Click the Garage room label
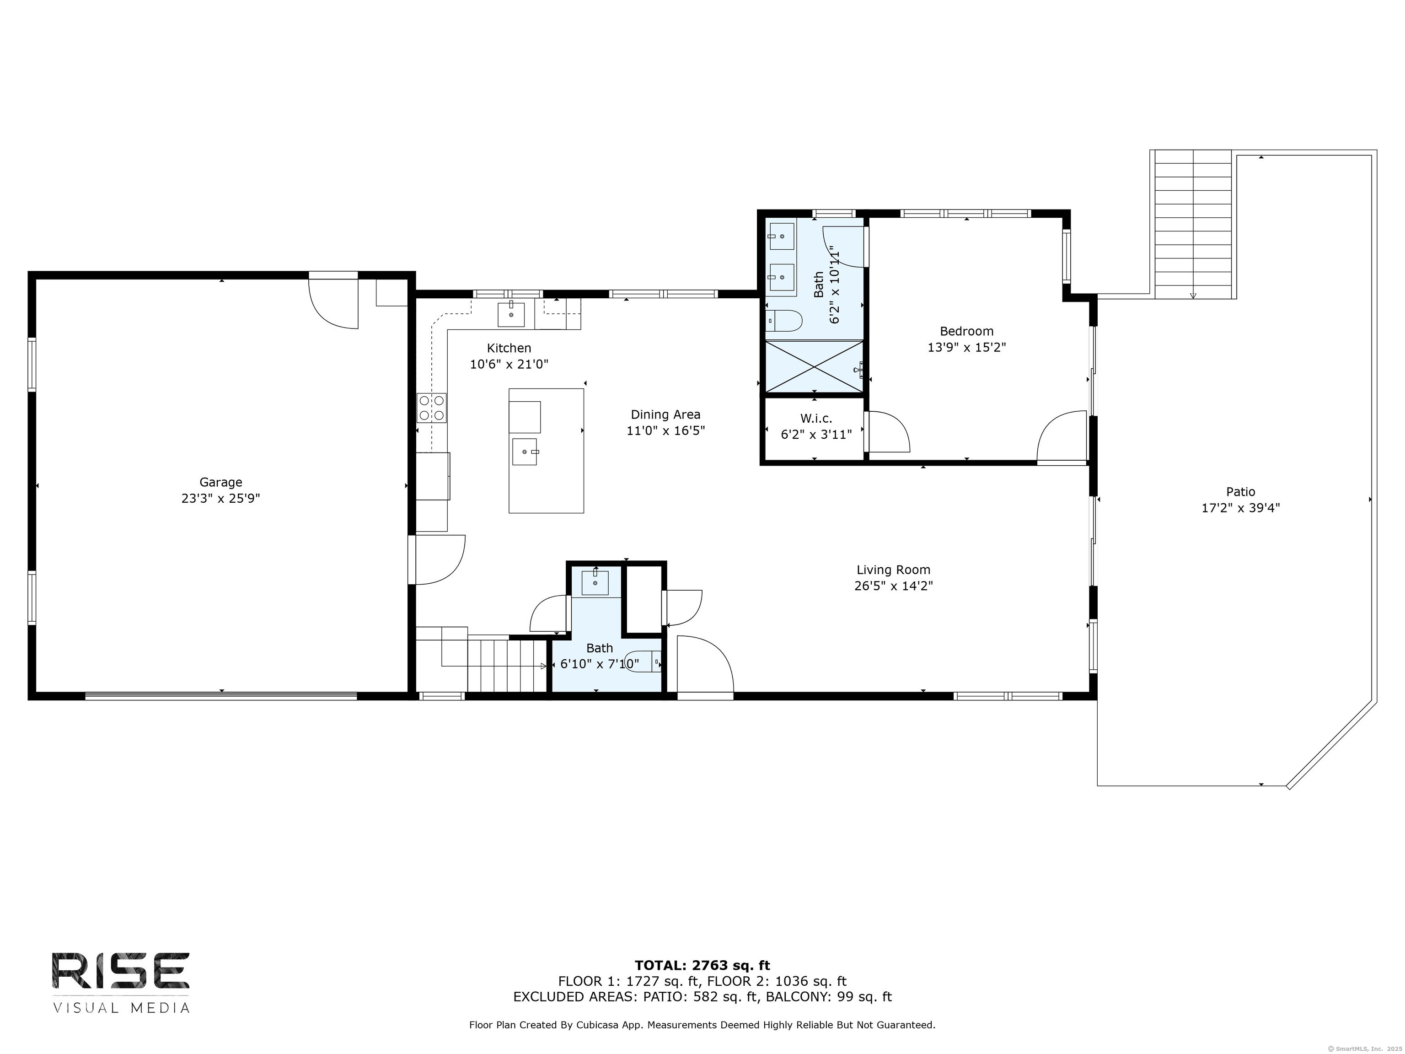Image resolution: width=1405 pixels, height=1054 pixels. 221,482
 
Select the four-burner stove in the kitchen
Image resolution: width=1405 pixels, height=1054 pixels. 431,408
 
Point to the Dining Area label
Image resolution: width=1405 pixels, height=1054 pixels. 665,414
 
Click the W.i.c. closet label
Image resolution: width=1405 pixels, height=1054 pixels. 816,419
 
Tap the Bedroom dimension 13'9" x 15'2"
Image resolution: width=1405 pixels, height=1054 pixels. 967,348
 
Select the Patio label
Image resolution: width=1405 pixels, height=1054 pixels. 1240,492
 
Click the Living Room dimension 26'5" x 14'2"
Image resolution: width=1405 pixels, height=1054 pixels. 893,586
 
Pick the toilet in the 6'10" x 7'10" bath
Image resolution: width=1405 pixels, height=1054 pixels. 643,662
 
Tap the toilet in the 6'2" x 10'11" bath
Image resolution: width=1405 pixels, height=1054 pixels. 784,321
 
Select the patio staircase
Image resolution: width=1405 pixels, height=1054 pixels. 1193,224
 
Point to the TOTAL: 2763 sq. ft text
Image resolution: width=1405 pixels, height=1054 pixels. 702,966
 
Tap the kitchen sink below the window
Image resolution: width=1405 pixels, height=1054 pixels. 511,314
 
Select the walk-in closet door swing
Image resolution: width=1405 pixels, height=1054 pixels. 889,432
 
